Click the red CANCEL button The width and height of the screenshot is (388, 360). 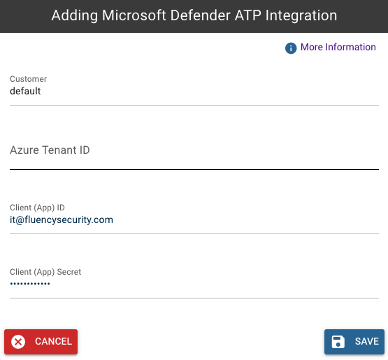click(41, 341)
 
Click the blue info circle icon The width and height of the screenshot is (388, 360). click(291, 48)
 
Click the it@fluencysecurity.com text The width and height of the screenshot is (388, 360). click(62, 219)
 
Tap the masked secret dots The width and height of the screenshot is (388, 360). click(30, 284)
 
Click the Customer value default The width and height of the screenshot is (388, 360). click(25, 91)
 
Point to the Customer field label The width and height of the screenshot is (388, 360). click(28, 79)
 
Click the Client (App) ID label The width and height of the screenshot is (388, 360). click(37, 208)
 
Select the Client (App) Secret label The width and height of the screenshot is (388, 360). click(45, 272)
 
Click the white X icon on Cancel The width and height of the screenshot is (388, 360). click(18, 342)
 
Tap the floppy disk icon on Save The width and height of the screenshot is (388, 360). click(338, 342)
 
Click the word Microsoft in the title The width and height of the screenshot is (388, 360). click(134, 15)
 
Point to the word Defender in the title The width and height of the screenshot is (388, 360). click(201, 15)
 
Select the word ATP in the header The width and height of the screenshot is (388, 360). click(248, 15)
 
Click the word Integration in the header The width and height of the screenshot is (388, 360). click(301, 16)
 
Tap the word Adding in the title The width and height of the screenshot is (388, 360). click(75, 16)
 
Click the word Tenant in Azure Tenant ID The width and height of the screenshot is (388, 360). click(59, 150)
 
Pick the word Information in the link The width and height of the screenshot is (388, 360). click(350, 47)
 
